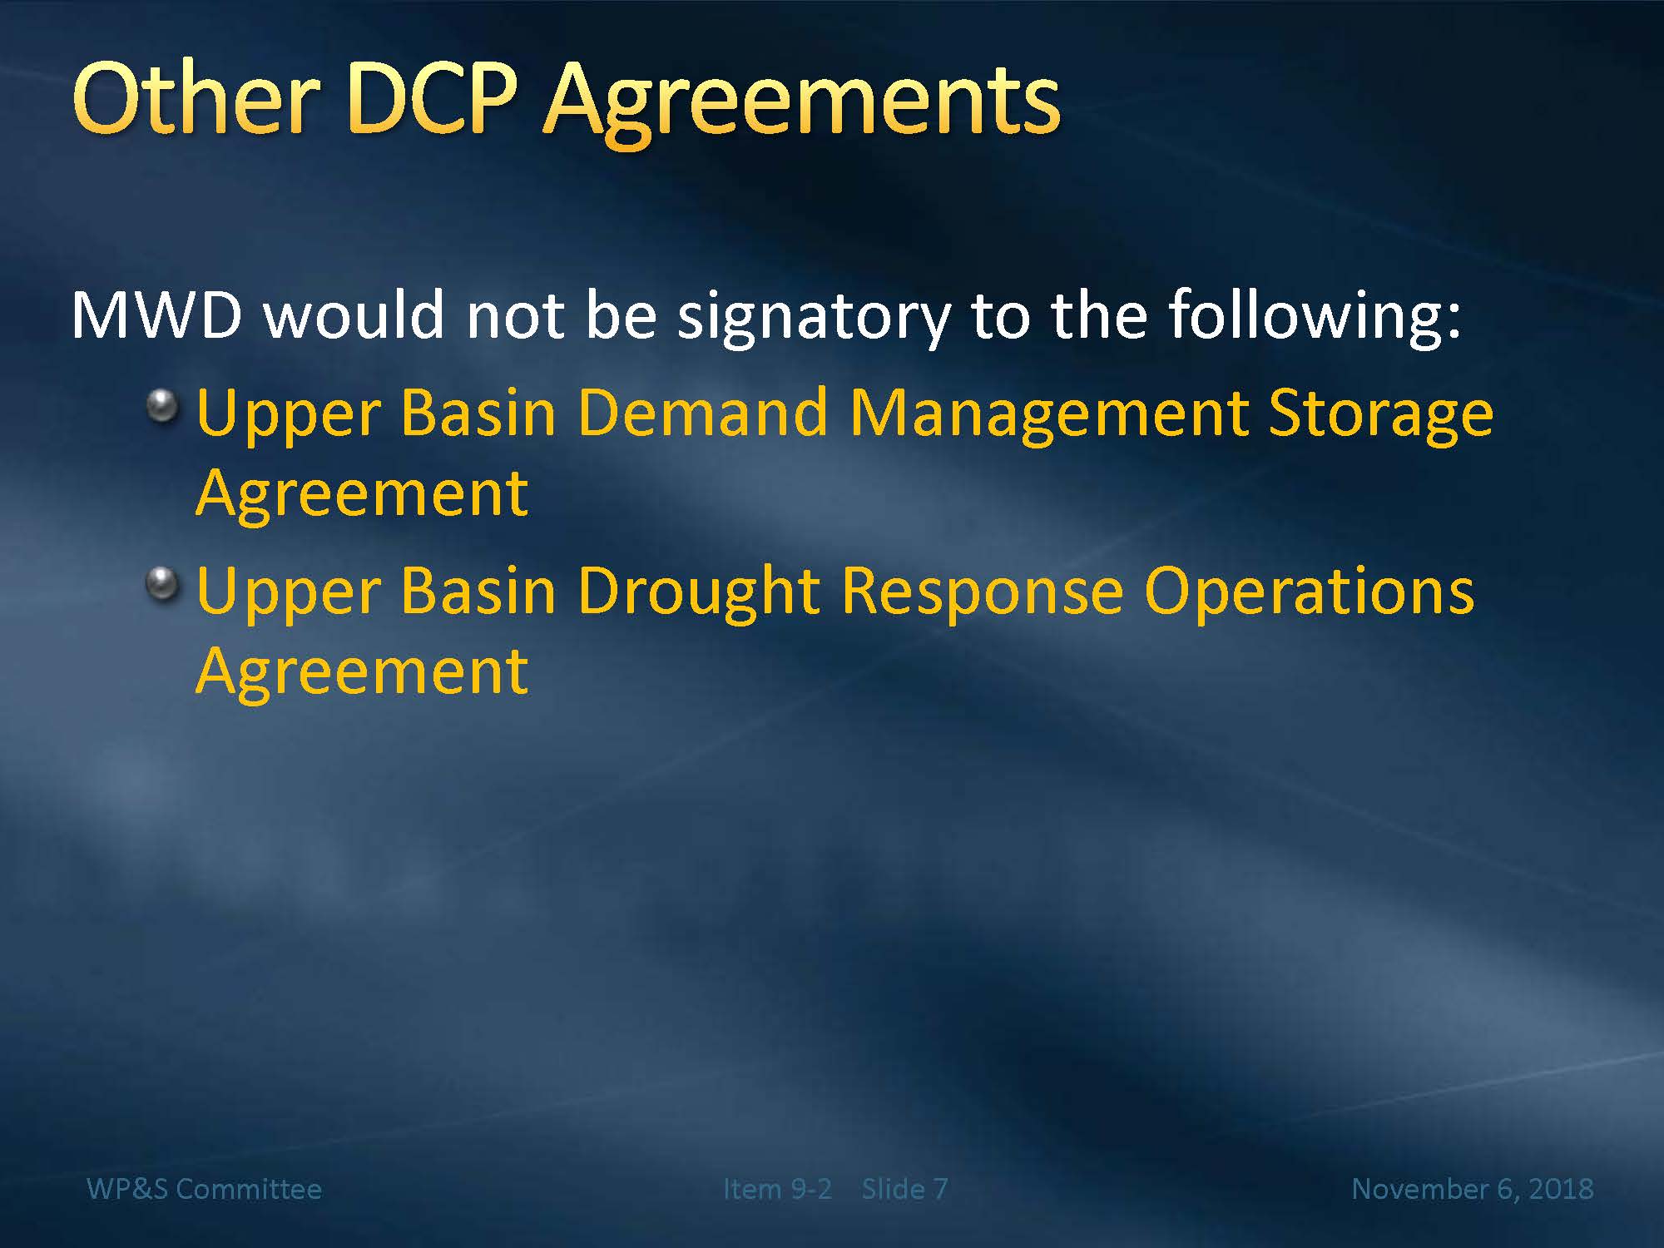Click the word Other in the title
(196, 98)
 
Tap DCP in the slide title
(431, 98)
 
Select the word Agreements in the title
(801, 105)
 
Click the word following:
(1315, 316)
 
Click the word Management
(1048, 417)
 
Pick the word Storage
(1381, 417)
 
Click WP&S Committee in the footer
(204, 1189)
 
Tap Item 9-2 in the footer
(777, 1189)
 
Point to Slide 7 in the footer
(904, 1189)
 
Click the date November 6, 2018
(1473, 1190)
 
